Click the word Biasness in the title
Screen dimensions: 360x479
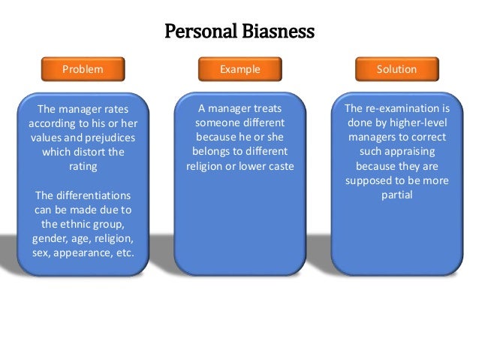(x=278, y=32)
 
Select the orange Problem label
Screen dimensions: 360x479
(x=83, y=69)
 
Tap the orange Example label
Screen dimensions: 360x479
(x=239, y=69)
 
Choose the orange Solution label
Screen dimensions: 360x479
(x=396, y=69)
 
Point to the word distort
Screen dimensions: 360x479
(x=95, y=152)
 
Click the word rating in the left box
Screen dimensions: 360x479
(x=83, y=166)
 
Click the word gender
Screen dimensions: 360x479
(x=50, y=237)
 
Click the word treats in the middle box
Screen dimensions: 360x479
(x=267, y=109)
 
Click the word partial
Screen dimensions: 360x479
(x=397, y=195)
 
